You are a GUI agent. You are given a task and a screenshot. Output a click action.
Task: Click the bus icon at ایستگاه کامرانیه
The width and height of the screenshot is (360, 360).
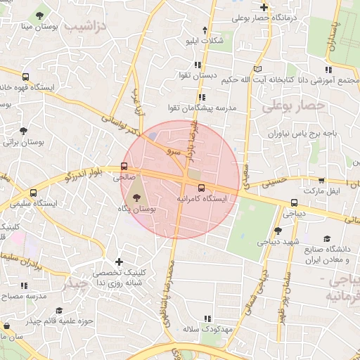tap(202, 188)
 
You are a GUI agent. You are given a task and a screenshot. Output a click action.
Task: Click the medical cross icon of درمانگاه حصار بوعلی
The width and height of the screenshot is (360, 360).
tap(264, 7)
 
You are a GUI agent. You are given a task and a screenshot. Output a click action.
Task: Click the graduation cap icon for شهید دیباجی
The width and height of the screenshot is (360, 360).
tap(278, 230)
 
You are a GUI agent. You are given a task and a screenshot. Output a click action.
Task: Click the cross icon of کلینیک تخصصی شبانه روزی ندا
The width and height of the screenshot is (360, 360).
tap(118, 262)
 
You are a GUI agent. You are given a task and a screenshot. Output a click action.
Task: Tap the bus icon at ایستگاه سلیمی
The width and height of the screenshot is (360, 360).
tap(33, 193)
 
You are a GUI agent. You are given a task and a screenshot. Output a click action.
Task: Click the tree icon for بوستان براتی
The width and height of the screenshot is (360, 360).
tap(23, 131)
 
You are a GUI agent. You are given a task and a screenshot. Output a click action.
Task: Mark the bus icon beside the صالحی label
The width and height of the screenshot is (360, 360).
tap(124, 167)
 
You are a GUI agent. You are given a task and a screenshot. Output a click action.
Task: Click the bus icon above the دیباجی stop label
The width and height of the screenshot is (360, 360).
tap(293, 202)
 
